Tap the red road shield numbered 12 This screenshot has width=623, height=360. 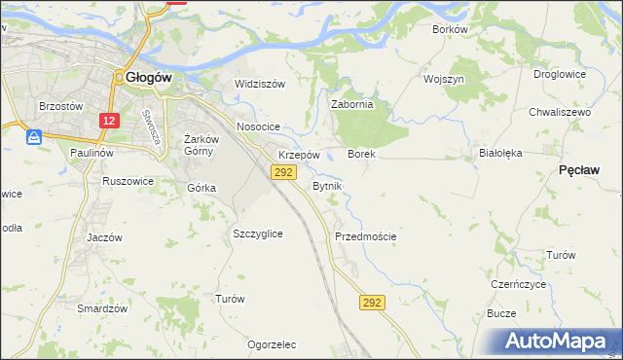click(109, 121)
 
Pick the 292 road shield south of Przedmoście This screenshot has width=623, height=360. click(371, 304)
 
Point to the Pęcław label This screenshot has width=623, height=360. click(584, 169)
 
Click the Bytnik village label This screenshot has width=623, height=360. click(327, 185)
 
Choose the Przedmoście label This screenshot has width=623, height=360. click(365, 236)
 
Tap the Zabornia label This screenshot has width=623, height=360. click(352, 105)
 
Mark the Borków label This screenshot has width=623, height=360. click(450, 29)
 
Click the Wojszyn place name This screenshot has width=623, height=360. click(444, 78)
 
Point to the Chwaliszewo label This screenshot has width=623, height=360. click(560, 113)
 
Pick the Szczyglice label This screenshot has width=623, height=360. click(258, 234)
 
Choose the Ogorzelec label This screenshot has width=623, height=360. click(272, 344)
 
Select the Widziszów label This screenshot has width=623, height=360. click(260, 84)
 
